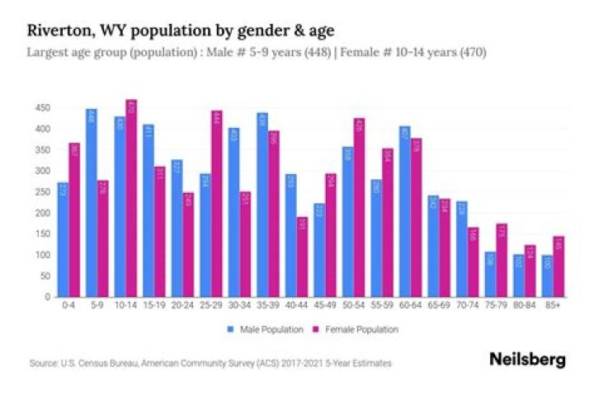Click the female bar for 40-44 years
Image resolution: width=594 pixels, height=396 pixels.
pyautogui.click(x=302, y=257)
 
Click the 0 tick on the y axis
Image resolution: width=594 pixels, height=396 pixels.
pyautogui.click(x=48, y=297)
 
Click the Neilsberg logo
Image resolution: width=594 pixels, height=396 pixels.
pyautogui.click(x=527, y=360)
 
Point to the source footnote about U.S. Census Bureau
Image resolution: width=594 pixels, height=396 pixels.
pyautogui.click(x=210, y=363)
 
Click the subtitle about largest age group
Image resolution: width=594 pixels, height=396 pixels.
pyautogui.click(x=256, y=52)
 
